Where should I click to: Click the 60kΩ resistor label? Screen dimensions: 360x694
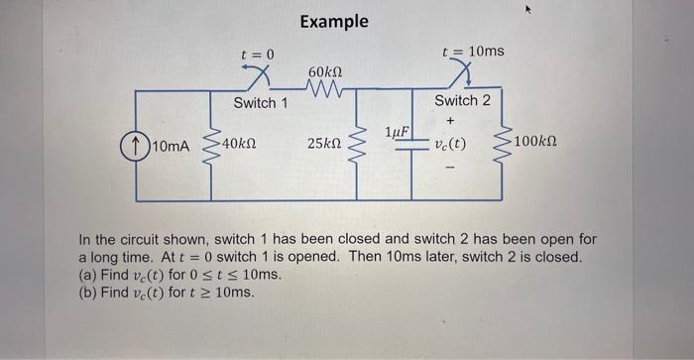(326, 74)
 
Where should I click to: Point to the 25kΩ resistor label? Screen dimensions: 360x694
(326, 145)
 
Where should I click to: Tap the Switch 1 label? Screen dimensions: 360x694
(261, 103)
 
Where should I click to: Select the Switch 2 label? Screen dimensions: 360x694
(462, 101)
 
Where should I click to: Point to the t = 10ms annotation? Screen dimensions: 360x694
(473, 51)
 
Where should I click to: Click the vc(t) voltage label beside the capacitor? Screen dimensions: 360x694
(451, 145)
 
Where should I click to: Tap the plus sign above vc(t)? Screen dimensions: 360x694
(451, 122)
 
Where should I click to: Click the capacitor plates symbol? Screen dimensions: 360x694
(412, 145)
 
